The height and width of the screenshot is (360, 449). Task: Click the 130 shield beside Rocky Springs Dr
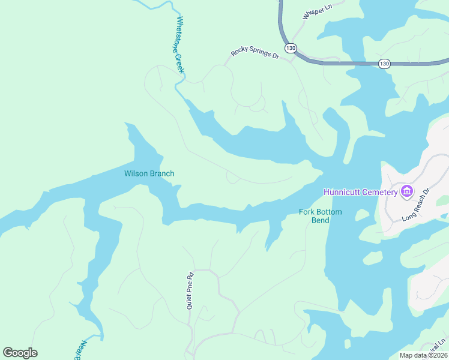click(291, 47)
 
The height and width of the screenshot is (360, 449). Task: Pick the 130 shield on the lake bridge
click(385, 63)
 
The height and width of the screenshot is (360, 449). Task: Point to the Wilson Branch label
click(149, 174)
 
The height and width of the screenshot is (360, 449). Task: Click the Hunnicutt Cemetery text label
click(360, 192)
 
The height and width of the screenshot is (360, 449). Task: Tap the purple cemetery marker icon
click(407, 191)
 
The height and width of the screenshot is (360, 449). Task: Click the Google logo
click(20, 353)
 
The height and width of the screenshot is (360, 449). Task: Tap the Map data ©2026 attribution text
click(424, 356)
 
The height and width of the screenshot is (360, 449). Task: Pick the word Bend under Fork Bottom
click(320, 220)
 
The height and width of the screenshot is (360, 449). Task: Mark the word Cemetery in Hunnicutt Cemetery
click(381, 192)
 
